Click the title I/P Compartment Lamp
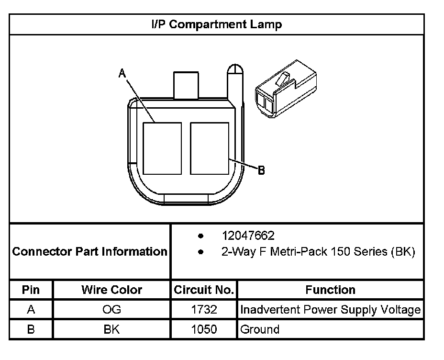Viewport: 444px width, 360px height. click(x=216, y=24)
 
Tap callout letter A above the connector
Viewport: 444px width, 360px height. click(x=122, y=73)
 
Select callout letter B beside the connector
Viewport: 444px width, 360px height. click(x=261, y=170)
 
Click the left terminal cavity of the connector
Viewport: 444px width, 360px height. click(x=162, y=148)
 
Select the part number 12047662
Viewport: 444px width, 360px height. click(x=248, y=236)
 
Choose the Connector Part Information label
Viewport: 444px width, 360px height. click(x=90, y=252)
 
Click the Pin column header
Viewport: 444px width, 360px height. click(x=31, y=290)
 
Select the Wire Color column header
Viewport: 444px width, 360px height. click(x=111, y=290)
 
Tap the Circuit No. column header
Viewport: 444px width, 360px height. click(x=204, y=290)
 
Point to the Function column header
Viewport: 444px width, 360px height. click(x=330, y=290)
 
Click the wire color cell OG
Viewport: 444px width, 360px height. click(x=111, y=310)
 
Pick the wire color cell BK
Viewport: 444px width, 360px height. click(x=111, y=329)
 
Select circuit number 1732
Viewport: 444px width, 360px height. click(x=204, y=310)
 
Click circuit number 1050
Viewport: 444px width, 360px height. click(x=204, y=329)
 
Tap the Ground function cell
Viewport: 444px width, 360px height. click(x=260, y=329)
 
